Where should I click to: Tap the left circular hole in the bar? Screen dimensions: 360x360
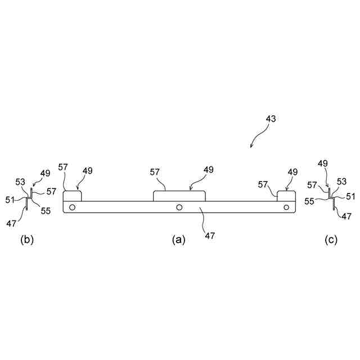click(x=72, y=207)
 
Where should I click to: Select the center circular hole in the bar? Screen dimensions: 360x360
click(x=179, y=207)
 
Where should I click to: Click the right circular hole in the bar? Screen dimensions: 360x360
click(x=286, y=207)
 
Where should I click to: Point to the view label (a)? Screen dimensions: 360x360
click(x=178, y=240)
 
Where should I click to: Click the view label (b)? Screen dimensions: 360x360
click(x=27, y=240)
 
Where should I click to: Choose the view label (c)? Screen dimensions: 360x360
click(x=331, y=240)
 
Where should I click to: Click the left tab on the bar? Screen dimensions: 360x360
click(x=72, y=196)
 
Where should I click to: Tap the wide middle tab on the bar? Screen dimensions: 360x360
click(x=179, y=196)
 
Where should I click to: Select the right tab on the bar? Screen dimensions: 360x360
click(x=287, y=196)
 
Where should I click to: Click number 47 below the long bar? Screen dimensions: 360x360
click(x=209, y=236)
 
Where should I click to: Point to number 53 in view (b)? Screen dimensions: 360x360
click(x=20, y=182)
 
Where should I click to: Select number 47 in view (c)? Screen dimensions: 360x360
click(x=347, y=215)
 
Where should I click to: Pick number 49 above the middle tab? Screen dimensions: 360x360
click(x=209, y=169)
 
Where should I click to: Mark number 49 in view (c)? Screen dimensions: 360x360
click(x=322, y=163)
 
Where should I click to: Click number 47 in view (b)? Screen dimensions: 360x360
click(x=12, y=223)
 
